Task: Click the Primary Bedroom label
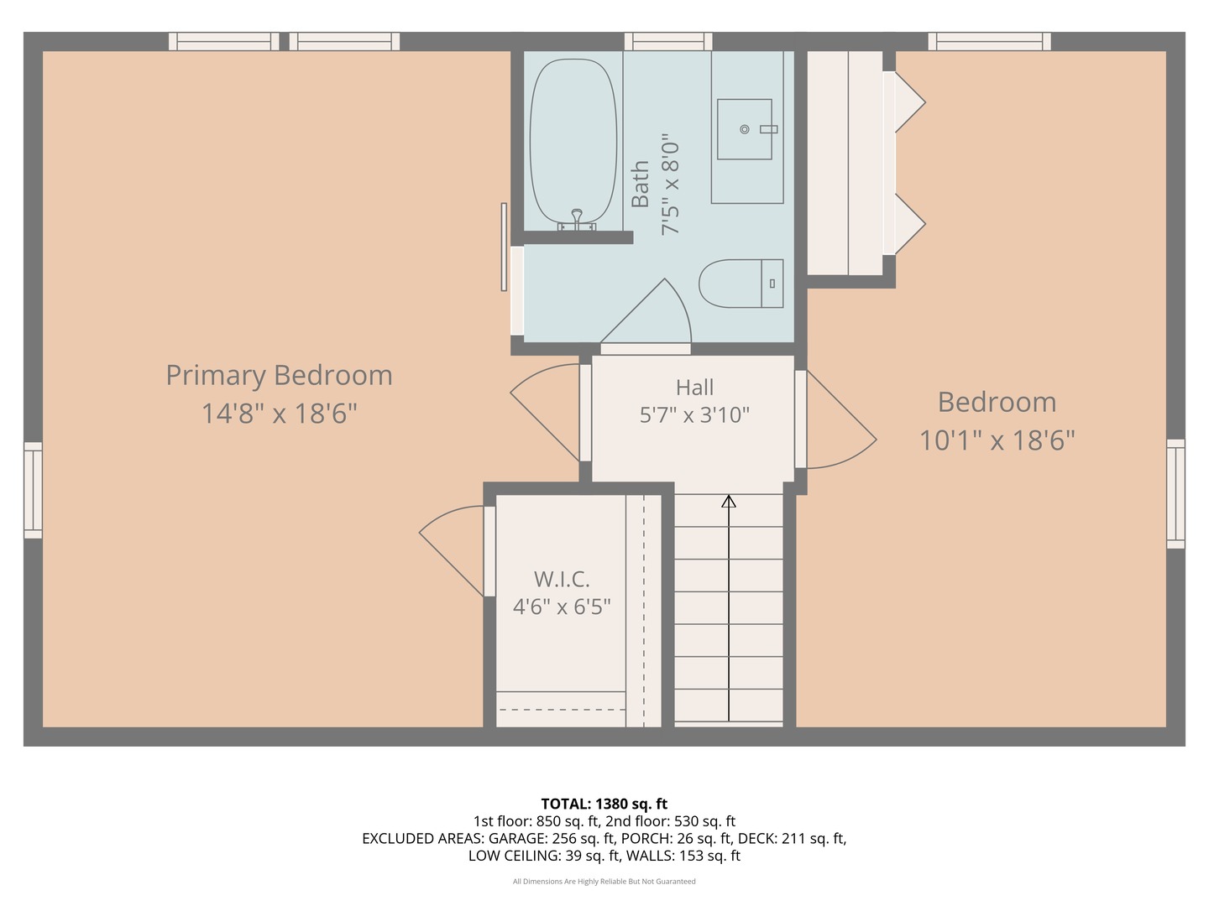(280, 377)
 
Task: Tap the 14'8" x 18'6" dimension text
(280, 414)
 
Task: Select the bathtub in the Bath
(573, 142)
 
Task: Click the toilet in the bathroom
(741, 284)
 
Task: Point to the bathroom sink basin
(744, 129)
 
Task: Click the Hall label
(694, 388)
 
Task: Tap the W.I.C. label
(562, 579)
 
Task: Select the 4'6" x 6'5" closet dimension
(562, 607)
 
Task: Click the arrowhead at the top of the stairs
(729, 501)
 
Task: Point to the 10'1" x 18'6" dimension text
(997, 440)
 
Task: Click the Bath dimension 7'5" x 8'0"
(670, 185)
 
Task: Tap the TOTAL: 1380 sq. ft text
(604, 804)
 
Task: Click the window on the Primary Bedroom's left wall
(33, 490)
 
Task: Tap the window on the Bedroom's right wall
(1175, 493)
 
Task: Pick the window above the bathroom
(668, 41)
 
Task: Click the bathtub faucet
(577, 220)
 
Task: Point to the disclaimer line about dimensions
(604, 881)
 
